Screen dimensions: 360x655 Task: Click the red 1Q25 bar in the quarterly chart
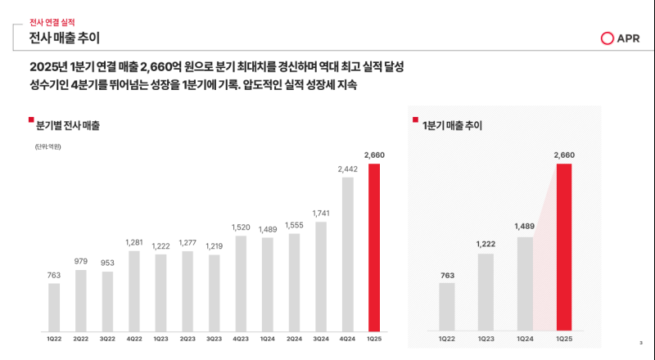375,245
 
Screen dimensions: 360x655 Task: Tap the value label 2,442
348,169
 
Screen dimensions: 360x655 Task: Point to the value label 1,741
321,213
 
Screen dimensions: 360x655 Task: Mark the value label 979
80,262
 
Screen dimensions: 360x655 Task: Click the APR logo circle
607,38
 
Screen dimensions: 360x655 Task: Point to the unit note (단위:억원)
48,147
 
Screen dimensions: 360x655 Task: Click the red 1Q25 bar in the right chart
564,245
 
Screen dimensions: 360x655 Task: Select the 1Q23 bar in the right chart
486,291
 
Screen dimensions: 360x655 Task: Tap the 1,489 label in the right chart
525,227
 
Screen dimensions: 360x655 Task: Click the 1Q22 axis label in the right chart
447,337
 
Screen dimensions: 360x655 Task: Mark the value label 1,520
241,227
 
